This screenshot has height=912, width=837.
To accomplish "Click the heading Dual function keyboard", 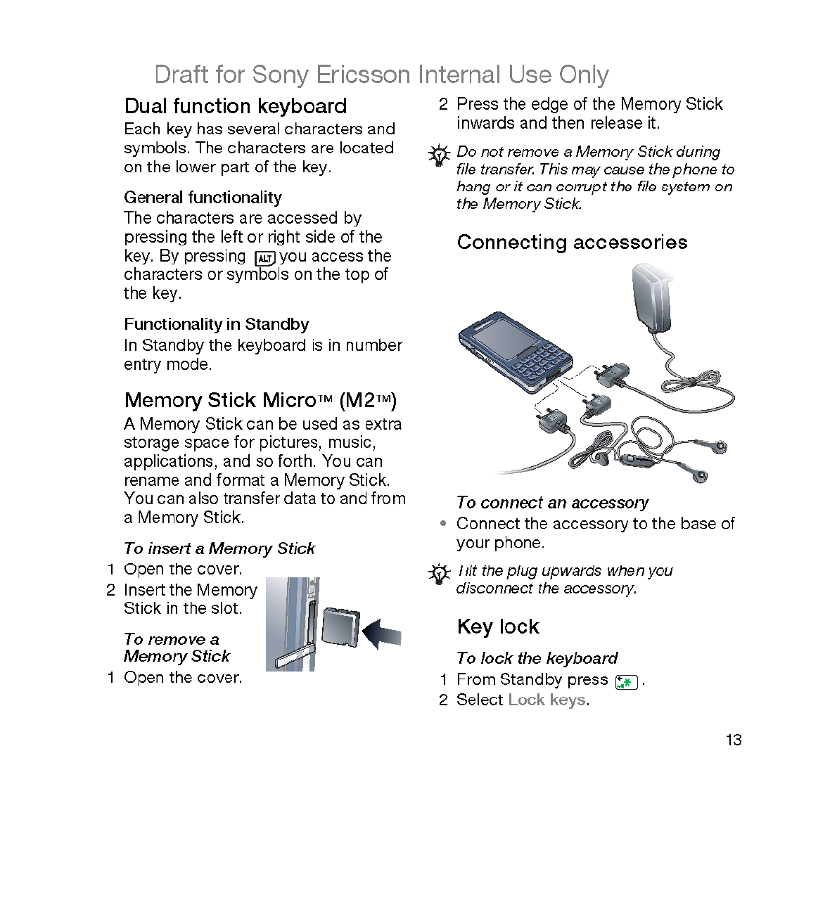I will pyautogui.click(x=235, y=106).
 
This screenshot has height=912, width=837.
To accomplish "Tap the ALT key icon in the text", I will pyautogui.click(x=264, y=258).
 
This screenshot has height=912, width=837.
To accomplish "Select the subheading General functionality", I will pyautogui.click(x=203, y=198).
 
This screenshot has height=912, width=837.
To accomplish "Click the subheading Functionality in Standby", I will pyautogui.click(x=216, y=324).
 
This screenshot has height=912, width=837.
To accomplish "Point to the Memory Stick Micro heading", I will pyautogui.click(x=260, y=400).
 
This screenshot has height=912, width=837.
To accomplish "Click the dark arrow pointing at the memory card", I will pyautogui.click(x=382, y=634).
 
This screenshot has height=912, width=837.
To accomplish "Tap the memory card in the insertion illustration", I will pyautogui.click(x=340, y=625).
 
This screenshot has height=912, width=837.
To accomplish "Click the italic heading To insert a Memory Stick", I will pyautogui.click(x=219, y=548).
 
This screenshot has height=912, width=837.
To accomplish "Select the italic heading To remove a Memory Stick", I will pyautogui.click(x=177, y=648).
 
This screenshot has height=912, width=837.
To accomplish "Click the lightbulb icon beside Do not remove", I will pyautogui.click(x=440, y=155).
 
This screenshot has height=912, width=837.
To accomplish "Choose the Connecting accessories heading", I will pyautogui.click(x=572, y=243).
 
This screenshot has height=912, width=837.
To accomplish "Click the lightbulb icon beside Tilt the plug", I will pyautogui.click(x=440, y=574).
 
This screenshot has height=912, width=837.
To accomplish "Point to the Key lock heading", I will pyautogui.click(x=498, y=627).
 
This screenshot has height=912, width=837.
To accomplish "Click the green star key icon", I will pyautogui.click(x=625, y=681).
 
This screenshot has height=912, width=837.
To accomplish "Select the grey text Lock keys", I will pyautogui.click(x=547, y=700).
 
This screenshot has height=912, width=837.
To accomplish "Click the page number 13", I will pyautogui.click(x=734, y=740).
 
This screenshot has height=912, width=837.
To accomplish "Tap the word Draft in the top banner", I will pyautogui.click(x=181, y=75).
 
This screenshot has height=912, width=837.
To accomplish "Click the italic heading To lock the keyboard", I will pyautogui.click(x=537, y=658).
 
